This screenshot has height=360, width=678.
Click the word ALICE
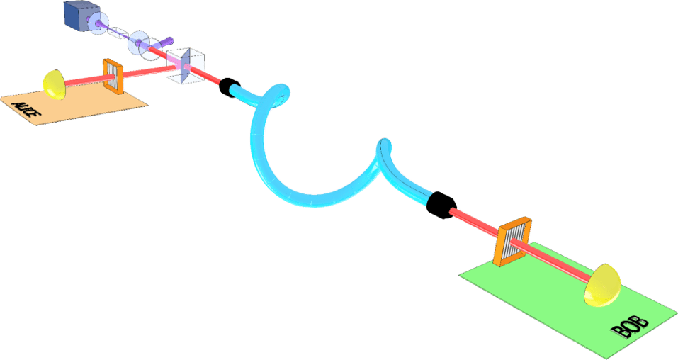point(26,108)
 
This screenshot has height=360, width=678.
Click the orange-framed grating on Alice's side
point(113,76)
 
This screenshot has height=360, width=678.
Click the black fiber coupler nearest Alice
point(230,87)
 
